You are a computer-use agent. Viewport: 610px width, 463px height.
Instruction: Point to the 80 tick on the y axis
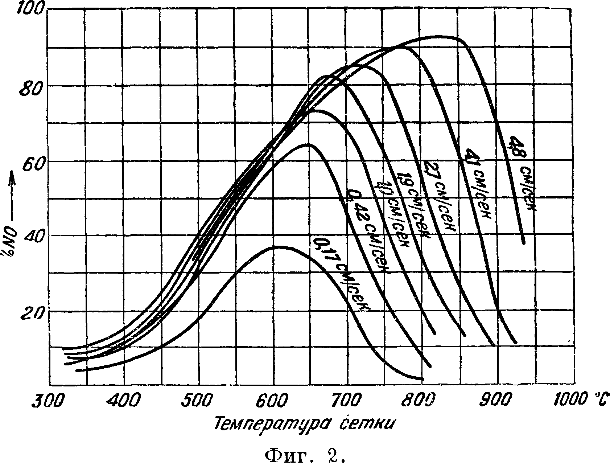29,88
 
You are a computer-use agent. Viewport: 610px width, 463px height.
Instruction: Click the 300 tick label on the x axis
49,401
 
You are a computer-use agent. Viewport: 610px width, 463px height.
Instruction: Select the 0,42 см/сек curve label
366,232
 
